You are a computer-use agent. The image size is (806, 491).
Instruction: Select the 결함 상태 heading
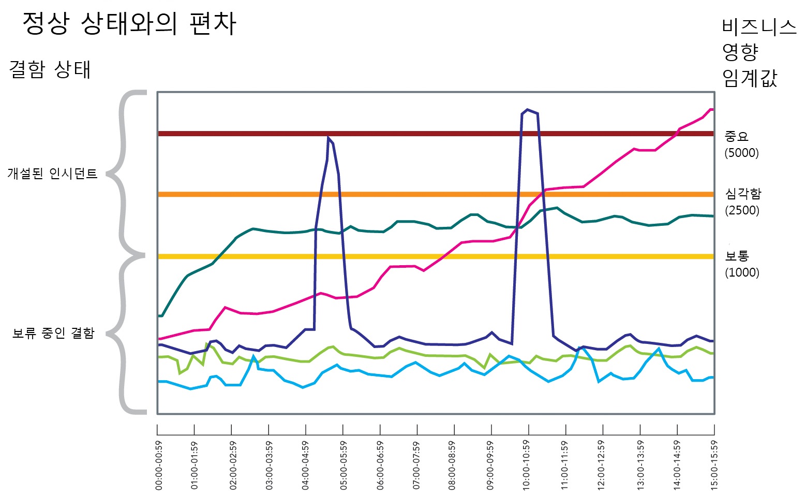tap(50, 69)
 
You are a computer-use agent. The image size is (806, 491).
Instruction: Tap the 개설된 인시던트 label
tap(52, 174)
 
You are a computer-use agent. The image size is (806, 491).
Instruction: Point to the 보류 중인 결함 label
tap(53, 333)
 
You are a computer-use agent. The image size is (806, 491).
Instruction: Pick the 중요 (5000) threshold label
tap(741, 144)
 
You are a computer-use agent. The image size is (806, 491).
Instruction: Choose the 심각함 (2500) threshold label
tap(742, 201)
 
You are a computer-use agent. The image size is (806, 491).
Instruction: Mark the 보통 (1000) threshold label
tap(741, 264)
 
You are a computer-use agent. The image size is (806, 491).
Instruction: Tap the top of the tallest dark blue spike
tap(527, 110)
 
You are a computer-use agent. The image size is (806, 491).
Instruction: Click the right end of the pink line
tap(712, 109)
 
